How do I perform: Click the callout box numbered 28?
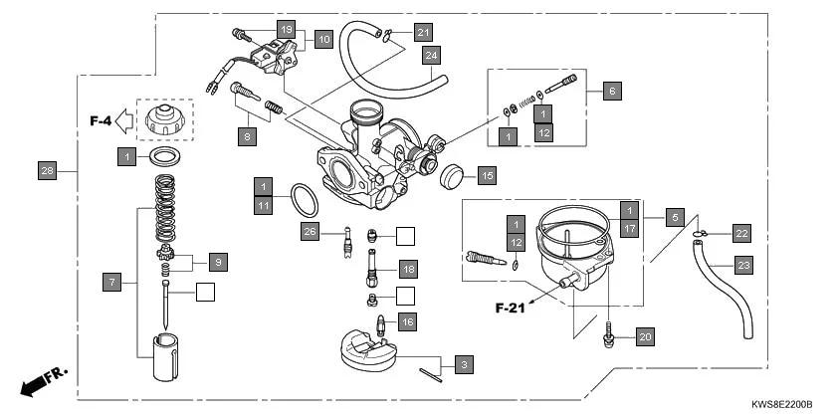pyautogui.click(x=47, y=170)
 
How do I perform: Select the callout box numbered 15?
pyautogui.click(x=486, y=176)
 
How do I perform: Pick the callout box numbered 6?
pyautogui.click(x=611, y=92)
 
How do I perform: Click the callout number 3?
pyautogui.click(x=462, y=364)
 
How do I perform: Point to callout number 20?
pyautogui.click(x=645, y=337)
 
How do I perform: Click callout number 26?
pyautogui.click(x=310, y=233)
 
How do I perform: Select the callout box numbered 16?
pyautogui.click(x=407, y=321)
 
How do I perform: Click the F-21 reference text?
pyautogui.click(x=517, y=308)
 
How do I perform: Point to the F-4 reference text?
pyautogui.click(x=100, y=121)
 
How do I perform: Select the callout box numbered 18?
pyautogui.click(x=407, y=270)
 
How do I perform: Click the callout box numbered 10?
pyautogui.click(x=323, y=40)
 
